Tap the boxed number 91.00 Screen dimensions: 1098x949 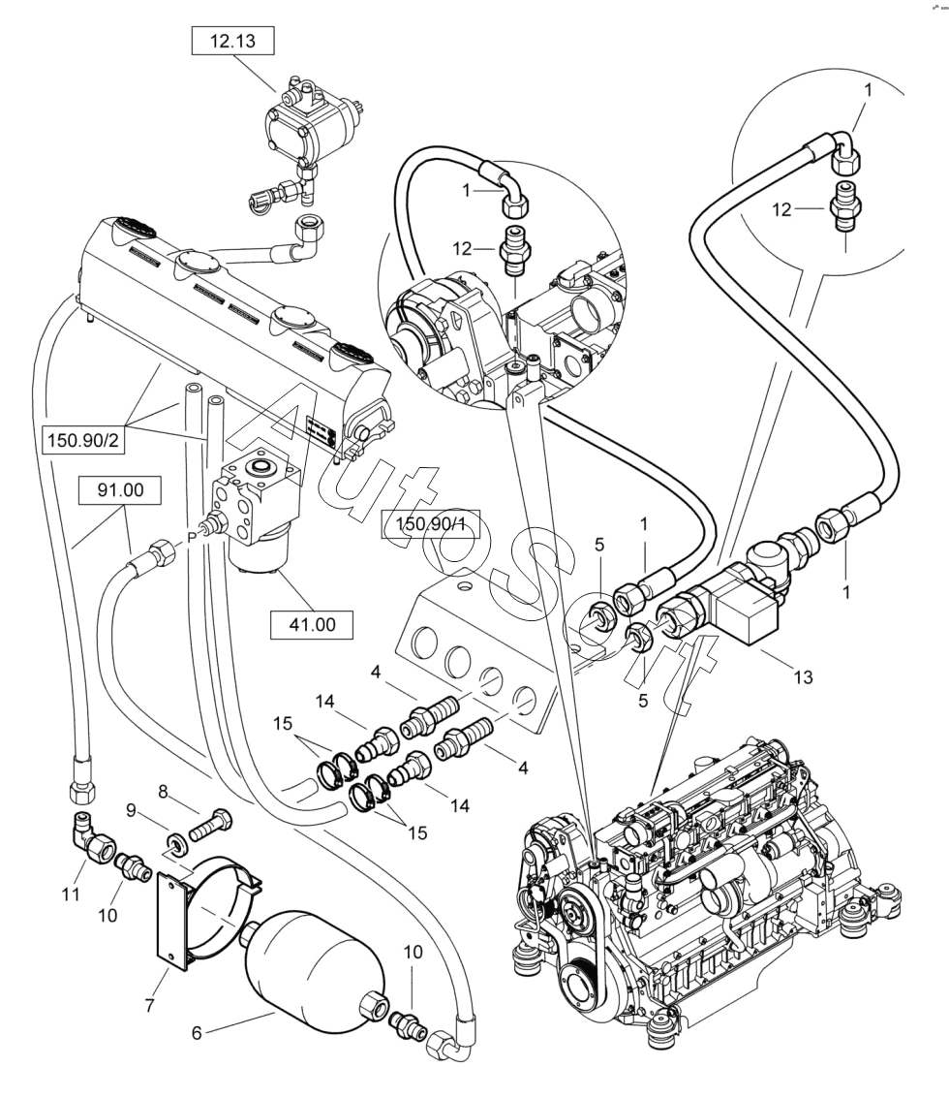120,491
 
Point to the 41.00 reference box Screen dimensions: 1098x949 311,625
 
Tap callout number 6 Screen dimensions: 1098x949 197,1034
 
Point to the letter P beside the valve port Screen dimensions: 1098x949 192,533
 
